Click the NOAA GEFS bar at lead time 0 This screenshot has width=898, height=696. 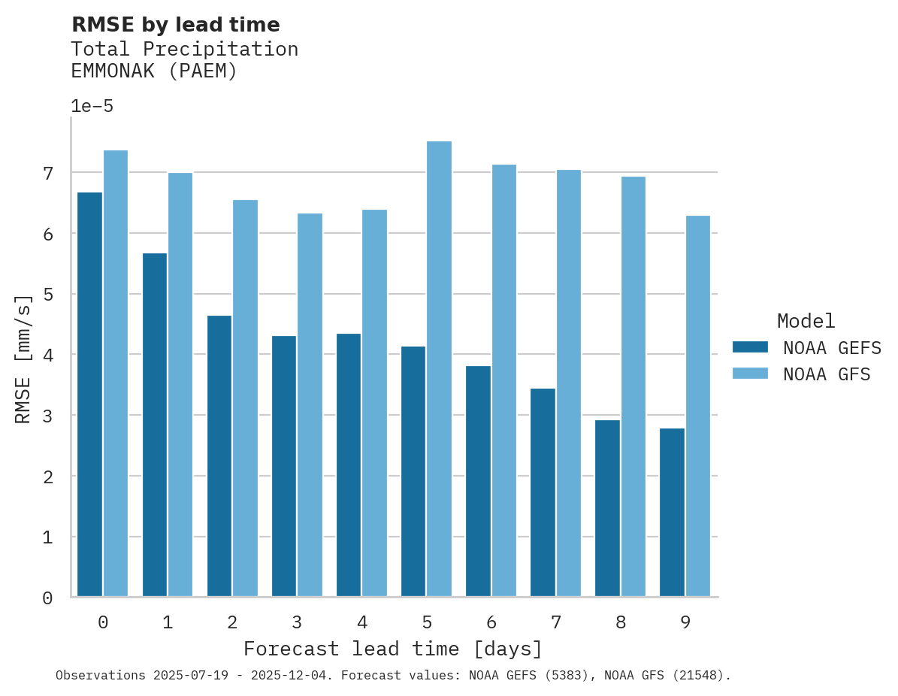click(x=90, y=395)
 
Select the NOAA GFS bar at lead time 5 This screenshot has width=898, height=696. click(x=440, y=369)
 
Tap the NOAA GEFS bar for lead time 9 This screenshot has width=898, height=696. click(x=673, y=513)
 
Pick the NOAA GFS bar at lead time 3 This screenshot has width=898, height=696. click(x=310, y=405)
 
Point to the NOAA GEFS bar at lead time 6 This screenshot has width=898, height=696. click(x=479, y=481)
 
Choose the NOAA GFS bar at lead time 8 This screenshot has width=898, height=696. click(x=633, y=387)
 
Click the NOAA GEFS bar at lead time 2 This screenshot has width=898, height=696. click(x=219, y=456)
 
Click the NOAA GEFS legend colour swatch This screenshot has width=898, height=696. click(x=750, y=346)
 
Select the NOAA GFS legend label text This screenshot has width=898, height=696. click(x=827, y=374)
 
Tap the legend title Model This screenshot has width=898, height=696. click(x=806, y=322)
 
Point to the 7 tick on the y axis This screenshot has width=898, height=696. click(x=47, y=174)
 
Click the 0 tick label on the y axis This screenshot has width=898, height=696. click(x=47, y=598)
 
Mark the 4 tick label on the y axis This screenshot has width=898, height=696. click(x=47, y=356)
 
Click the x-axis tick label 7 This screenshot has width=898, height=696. click(x=556, y=623)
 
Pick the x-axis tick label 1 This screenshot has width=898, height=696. click(x=168, y=623)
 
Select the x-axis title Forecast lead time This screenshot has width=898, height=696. click(x=392, y=649)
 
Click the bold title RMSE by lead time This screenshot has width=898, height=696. click(x=175, y=25)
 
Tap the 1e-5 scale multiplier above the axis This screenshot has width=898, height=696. click(x=92, y=107)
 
